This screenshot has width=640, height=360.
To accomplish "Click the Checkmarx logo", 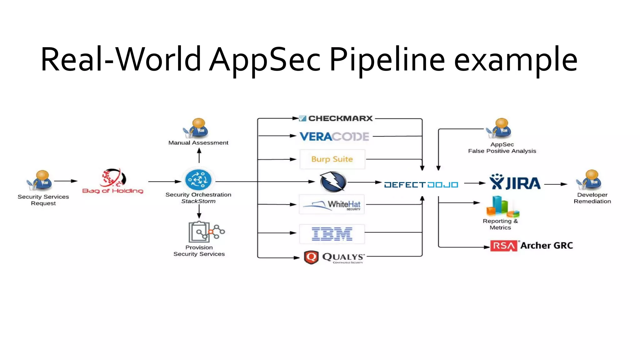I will (336, 118).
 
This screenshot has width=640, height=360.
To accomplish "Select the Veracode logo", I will (334, 137).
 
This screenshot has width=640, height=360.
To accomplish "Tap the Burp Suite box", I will (332, 159).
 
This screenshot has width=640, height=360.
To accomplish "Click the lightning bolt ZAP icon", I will (333, 182).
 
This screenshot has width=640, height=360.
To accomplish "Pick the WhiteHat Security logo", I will (332, 205).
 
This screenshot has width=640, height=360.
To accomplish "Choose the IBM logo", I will (332, 234).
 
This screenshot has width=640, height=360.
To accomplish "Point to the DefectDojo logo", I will (421, 185).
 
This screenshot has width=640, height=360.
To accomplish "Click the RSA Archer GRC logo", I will (531, 246).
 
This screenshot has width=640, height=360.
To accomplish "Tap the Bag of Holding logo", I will (113, 182).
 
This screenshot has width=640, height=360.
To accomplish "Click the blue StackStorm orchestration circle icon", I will (198, 180).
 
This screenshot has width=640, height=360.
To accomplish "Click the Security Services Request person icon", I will (40, 180).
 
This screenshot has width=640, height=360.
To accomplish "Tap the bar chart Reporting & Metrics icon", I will (502, 207).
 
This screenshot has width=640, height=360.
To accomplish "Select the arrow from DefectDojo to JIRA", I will (474, 183).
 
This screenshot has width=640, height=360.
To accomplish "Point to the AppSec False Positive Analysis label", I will (502, 148).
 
